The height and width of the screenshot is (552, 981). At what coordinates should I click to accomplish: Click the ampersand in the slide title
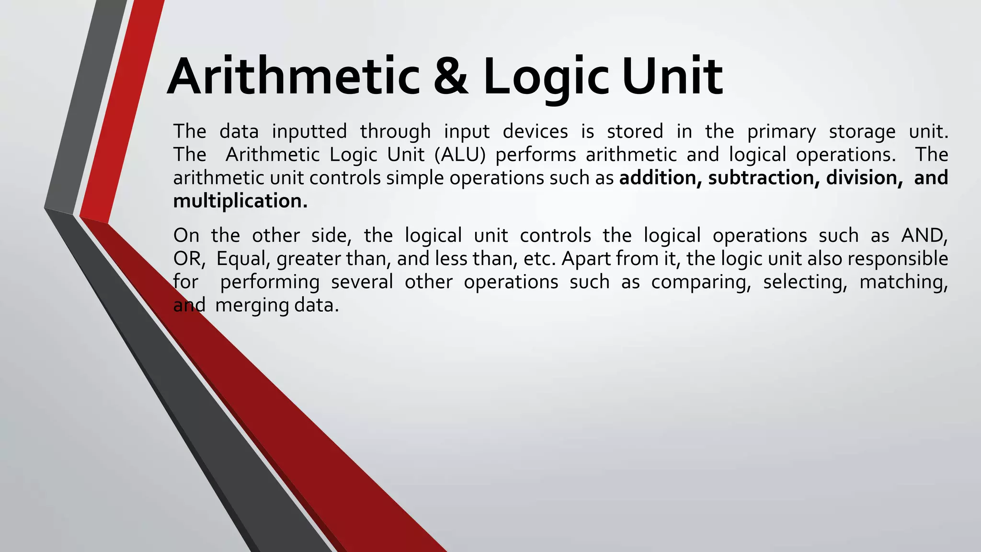click(x=451, y=77)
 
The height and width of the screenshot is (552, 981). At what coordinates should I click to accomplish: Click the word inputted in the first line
click(x=309, y=132)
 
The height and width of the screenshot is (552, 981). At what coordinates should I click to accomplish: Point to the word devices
click(x=535, y=131)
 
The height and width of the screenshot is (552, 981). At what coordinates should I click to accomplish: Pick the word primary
click(x=781, y=132)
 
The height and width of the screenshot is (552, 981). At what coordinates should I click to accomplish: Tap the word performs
click(x=536, y=155)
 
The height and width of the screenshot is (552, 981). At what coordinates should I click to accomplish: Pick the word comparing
click(x=701, y=282)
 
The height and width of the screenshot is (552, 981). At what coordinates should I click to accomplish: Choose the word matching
click(x=903, y=282)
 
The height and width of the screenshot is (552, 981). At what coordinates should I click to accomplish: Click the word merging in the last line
click(x=252, y=305)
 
